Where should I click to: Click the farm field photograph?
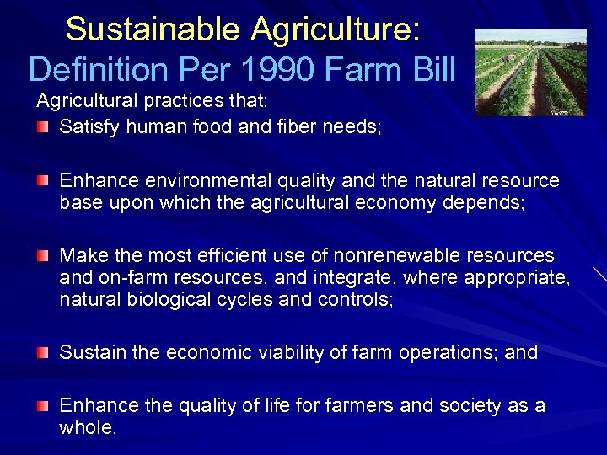pyautogui.click(x=530, y=72)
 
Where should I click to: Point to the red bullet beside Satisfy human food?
pyautogui.click(x=43, y=128)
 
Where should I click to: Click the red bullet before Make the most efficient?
pyautogui.click(x=43, y=255)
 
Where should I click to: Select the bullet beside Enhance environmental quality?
pyautogui.click(x=43, y=181)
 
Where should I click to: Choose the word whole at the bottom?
pyautogui.click(x=87, y=428)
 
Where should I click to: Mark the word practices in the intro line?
pyautogui.click(x=183, y=102)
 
